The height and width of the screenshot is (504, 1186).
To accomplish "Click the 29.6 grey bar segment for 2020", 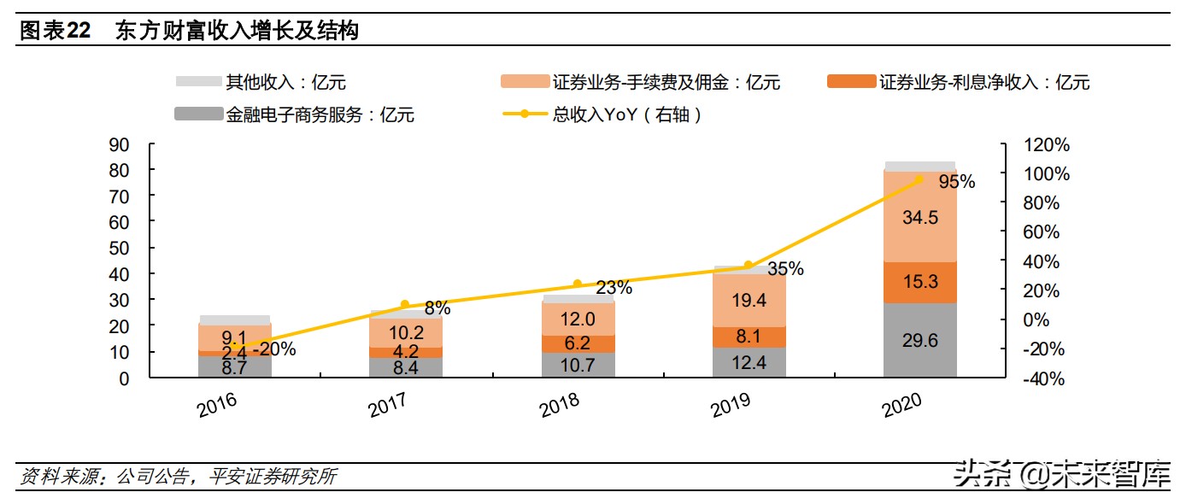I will point(919,340).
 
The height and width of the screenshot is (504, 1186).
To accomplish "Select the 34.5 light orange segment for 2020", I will point(919,217).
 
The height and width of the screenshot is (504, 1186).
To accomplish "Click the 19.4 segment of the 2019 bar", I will point(748,300).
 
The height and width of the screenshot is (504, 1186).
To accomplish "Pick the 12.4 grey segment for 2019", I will point(748,362).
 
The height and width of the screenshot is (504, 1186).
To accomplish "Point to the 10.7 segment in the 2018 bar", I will point(577,365).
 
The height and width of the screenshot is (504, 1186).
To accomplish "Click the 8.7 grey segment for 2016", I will point(235,366).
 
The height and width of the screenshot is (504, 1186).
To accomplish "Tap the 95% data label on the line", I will point(956,181).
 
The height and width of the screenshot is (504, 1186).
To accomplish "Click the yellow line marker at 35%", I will point(749,266).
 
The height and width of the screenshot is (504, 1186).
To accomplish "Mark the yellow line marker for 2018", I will point(577,284).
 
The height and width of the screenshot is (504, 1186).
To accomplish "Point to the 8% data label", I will point(437,308).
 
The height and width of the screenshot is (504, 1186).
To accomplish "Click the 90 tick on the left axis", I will point(120,145).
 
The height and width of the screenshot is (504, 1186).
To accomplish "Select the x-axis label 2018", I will point(560,405).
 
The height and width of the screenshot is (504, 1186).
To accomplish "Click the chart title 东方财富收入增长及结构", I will point(236,32).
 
